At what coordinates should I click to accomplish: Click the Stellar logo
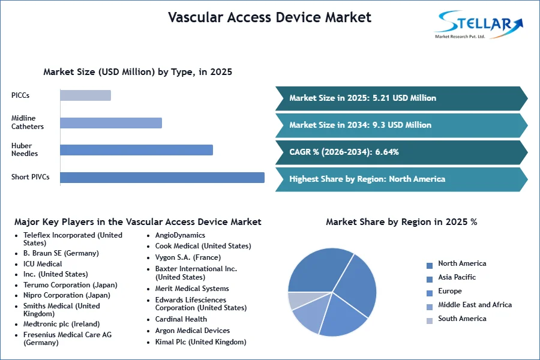coord(479,24)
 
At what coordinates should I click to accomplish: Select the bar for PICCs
coord(85,95)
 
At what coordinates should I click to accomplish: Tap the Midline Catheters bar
coord(111,123)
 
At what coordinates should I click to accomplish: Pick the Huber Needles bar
coord(136,150)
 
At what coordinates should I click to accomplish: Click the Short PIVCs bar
coord(162,178)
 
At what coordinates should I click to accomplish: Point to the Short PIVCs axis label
coord(31,177)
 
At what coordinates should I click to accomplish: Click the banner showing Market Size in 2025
coord(401,98)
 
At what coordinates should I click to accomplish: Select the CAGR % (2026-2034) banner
coord(401,152)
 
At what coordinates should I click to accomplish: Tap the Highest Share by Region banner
coord(401,179)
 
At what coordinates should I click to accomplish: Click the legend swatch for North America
coord(430,266)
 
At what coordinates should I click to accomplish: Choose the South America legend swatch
coord(430,321)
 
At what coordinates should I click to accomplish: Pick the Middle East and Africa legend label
coord(475,305)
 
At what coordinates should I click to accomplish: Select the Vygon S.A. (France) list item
coord(188,257)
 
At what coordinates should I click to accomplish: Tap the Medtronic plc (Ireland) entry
coord(61,324)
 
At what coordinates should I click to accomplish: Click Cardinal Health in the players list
coord(181,319)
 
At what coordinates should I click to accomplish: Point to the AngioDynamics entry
coord(180,235)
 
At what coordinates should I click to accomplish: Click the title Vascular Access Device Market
coord(269,17)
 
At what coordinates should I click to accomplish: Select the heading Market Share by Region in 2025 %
coord(401,222)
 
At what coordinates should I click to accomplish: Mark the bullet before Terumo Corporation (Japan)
coord(16,286)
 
